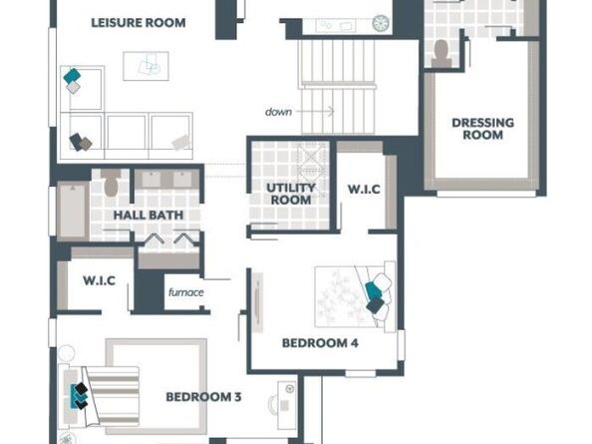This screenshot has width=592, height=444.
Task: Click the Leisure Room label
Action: point(139,23)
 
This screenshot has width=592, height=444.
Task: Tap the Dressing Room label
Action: point(483,129)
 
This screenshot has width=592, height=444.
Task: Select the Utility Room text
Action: point(291,194)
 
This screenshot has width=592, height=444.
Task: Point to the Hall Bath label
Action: point(148,215)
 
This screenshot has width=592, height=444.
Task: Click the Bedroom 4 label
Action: point(320,343)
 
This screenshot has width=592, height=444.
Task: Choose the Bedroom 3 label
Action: point(203,397)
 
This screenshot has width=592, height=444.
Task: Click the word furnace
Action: point(186,292)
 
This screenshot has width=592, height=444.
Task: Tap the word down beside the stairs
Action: point(278,112)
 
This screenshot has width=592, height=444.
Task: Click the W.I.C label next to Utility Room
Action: point(364,189)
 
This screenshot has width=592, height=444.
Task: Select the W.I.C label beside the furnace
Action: point(99,280)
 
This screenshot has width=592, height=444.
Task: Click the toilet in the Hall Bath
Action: point(111,184)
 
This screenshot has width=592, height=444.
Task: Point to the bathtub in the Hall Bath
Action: point(73,211)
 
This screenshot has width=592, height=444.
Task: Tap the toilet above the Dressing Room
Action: point(441,54)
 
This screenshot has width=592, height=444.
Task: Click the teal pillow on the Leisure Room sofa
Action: point(72,76)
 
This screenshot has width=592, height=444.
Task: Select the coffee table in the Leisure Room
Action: point(146,66)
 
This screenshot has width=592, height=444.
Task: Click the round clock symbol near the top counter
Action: point(381,23)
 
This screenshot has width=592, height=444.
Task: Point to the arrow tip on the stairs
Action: point(334,111)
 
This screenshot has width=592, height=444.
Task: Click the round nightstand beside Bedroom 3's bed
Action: point(67,353)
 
